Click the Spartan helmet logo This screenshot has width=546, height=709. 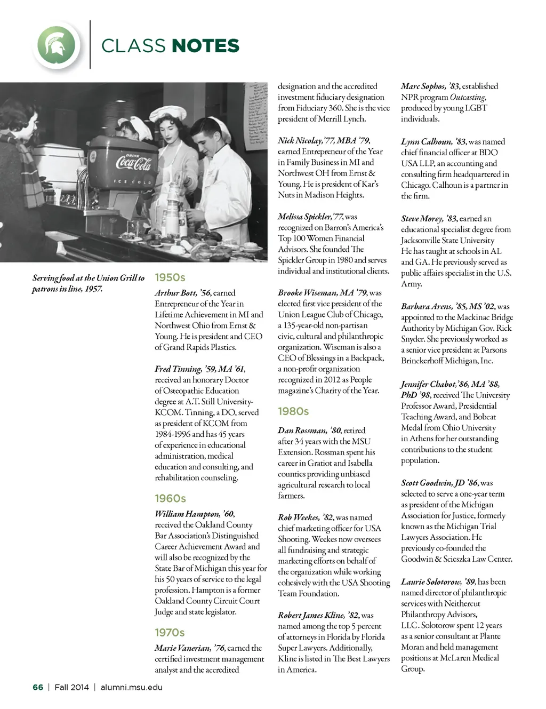click(59, 45)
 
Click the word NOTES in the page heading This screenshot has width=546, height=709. click(206, 46)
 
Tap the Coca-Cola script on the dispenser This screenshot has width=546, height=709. click(133, 162)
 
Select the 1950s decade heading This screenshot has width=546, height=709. click(170, 277)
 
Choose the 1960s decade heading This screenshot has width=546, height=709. click(170, 498)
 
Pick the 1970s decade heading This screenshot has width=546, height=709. click(170, 632)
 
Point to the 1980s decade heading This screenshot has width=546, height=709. click(293, 411)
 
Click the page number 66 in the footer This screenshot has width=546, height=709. click(38, 687)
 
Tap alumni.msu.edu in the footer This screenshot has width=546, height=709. click(131, 687)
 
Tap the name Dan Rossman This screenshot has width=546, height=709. click(302, 431)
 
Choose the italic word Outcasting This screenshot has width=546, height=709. click(468, 97)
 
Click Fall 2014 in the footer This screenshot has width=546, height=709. click(71, 687)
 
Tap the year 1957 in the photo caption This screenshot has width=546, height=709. click(93, 289)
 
